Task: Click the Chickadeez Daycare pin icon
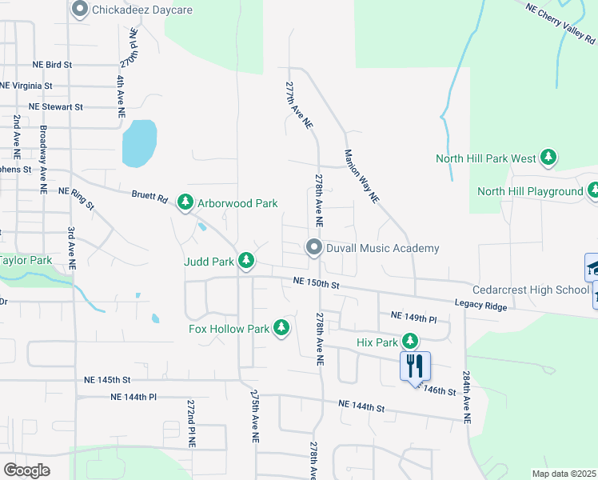79,10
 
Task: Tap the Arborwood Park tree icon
185,203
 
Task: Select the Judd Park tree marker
247,261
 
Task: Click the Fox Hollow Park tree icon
281,328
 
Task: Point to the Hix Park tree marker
410,342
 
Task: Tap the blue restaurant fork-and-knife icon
415,366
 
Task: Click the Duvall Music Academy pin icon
314,248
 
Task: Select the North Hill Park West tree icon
548,158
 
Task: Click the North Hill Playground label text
530,191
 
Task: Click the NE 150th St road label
317,282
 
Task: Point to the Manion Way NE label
361,177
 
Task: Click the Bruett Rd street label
149,194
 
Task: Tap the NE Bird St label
52,64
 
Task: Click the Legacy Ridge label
480,305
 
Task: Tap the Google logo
26,470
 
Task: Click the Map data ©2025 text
564,474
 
